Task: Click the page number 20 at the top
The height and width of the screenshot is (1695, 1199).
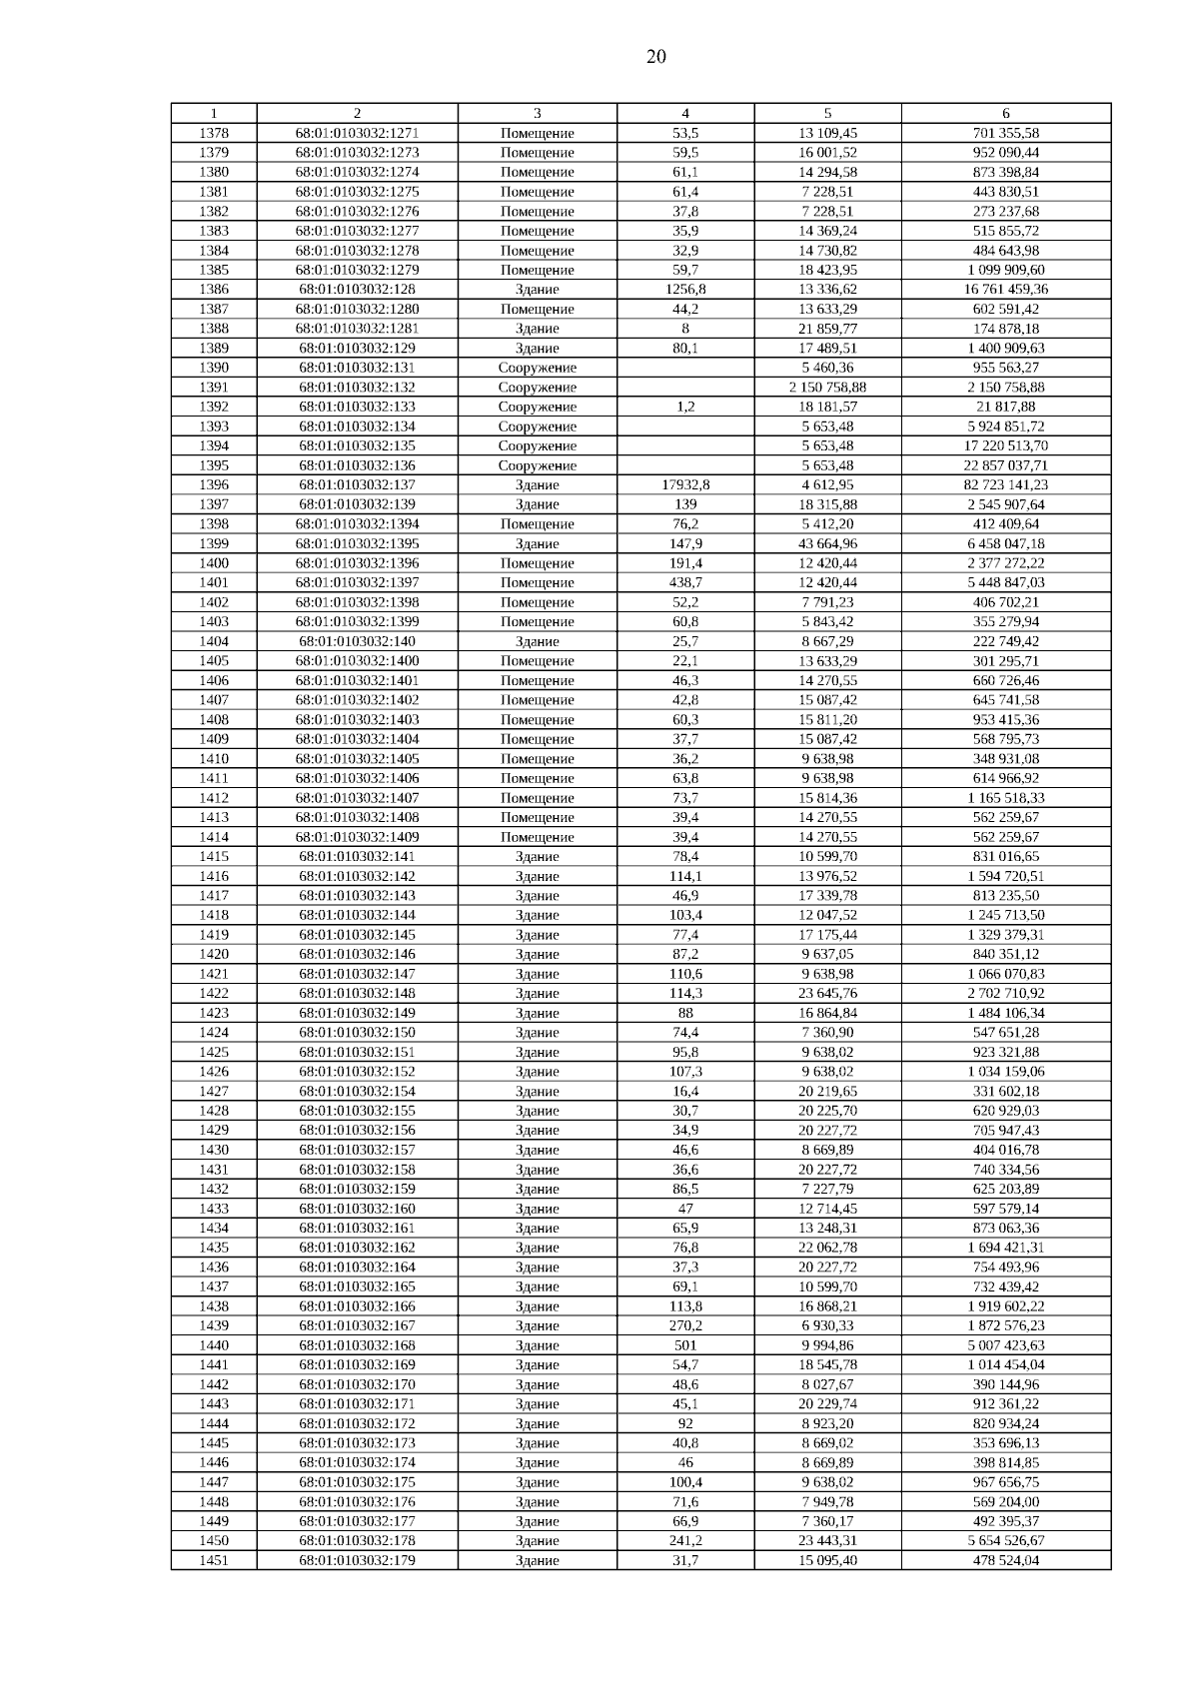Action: [x=655, y=57]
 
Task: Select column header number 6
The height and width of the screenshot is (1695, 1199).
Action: [x=1005, y=114]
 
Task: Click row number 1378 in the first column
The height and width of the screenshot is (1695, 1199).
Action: [x=214, y=133]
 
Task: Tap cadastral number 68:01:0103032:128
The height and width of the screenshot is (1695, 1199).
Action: [x=357, y=290]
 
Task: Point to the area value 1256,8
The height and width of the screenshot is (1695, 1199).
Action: [x=685, y=290]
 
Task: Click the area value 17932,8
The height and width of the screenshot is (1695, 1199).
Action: [x=685, y=485]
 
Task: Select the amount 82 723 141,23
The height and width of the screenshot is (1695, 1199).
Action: [x=1005, y=485]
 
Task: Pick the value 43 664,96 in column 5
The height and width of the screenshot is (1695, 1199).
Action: [x=827, y=544]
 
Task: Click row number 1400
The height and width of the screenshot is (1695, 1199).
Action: [x=214, y=563]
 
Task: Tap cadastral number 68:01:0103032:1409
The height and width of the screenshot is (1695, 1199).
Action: [x=357, y=837]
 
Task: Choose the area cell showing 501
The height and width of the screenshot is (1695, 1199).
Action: [x=685, y=1345]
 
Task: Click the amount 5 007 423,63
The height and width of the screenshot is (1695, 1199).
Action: [x=1005, y=1345]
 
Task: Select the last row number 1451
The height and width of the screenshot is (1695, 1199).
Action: [x=214, y=1560]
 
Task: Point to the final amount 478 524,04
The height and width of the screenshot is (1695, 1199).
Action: [x=1005, y=1560]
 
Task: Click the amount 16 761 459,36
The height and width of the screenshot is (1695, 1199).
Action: [x=1005, y=290]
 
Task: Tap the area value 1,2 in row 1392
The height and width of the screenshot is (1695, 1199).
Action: [x=685, y=407]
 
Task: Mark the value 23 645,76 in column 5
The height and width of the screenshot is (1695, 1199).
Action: [x=827, y=994]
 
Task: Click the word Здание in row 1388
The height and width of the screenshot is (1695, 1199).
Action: [x=538, y=329]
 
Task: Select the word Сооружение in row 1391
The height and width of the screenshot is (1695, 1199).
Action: [x=538, y=388]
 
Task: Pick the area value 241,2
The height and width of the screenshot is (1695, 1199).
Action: [x=685, y=1541]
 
